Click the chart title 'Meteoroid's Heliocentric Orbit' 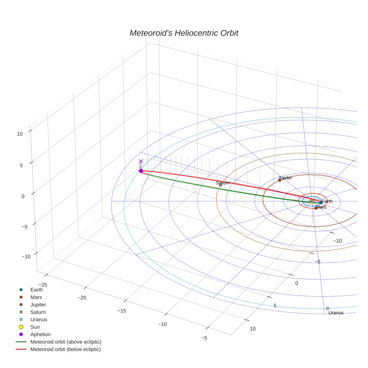(184, 33)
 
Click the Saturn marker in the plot (220, 185)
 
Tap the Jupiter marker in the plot (280, 180)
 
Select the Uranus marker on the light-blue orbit (328, 309)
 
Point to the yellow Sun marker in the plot (312, 201)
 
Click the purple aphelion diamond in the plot (141, 171)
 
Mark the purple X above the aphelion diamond (141, 161)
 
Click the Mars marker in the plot (316, 208)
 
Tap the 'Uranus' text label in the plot (336, 313)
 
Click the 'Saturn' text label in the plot (223, 183)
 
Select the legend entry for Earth (36, 289)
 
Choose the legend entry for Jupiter (38, 304)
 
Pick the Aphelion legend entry (40, 334)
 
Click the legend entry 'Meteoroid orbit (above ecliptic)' (66, 342)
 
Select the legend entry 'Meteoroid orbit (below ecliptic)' (65, 349)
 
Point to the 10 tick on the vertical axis (20, 134)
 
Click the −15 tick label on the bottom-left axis (122, 311)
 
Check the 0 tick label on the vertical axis (23, 196)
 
